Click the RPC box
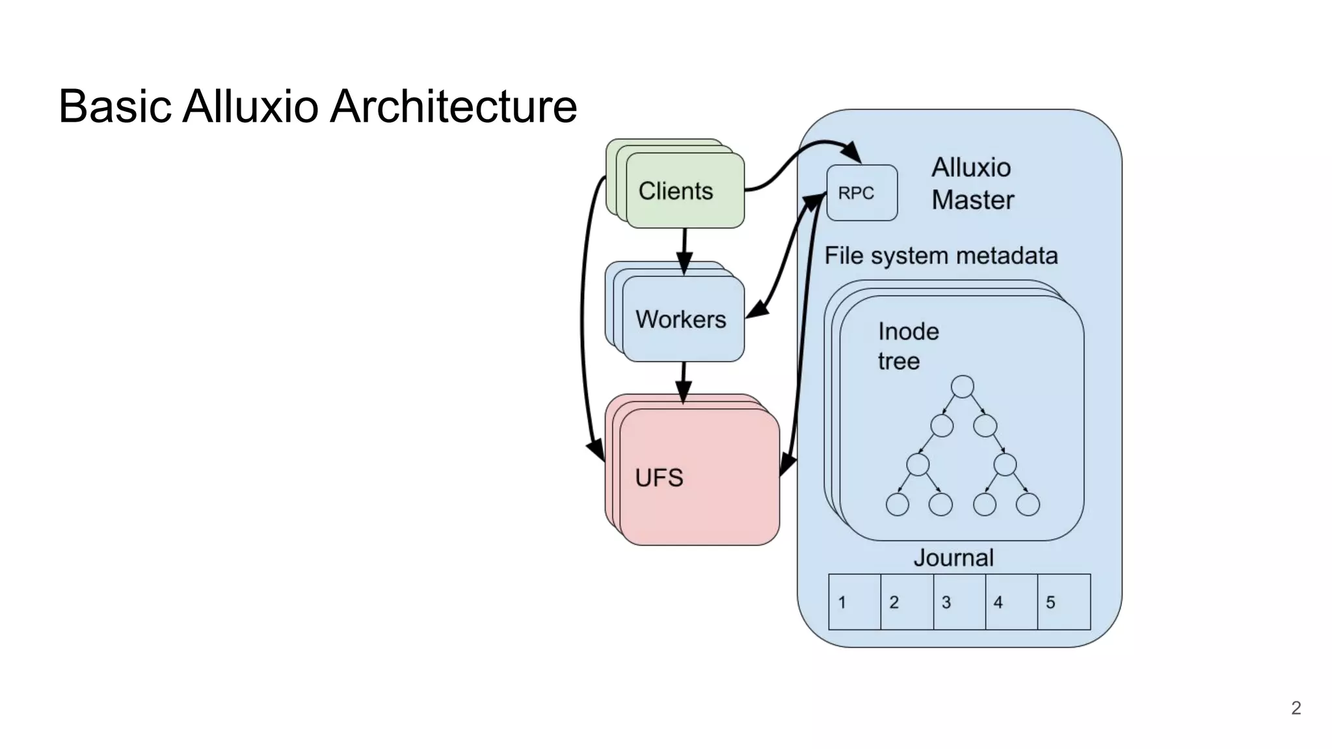click(x=861, y=193)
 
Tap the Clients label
click(x=676, y=191)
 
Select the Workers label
click(x=680, y=319)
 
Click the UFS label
click(x=659, y=478)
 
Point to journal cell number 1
click(x=854, y=602)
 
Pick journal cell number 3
click(x=959, y=602)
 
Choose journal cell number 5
click(x=1063, y=602)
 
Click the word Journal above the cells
click(x=953, y=558)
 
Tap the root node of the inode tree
click(x=962, y=386)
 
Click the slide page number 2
click(x=1296, y=708)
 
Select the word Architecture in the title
click(x=453, y=106)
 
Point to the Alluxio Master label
click(x=972, y=184)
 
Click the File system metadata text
click(x=940, y=256)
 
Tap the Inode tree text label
click(x=908, y=346)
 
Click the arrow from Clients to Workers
click(x=684, y=250)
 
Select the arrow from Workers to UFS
click(x=683, y=382)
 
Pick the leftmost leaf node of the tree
click(x=897, y=505)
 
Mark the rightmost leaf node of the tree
click(x=1028, y=505)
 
